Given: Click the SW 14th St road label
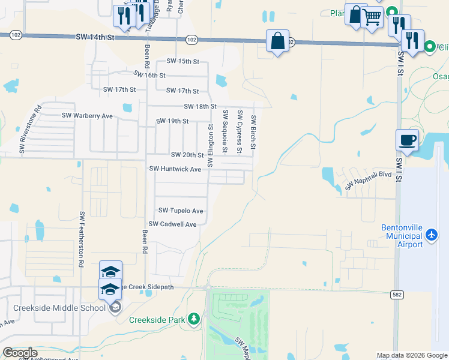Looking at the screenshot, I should pos(95,37).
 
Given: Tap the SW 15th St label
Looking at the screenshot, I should pos(182,61).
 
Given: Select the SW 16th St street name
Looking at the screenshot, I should pos(149,75).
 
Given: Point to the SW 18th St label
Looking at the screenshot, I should pos(200,106).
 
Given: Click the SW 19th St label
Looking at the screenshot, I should pos(172,121).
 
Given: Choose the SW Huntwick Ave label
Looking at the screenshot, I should pos(175,169).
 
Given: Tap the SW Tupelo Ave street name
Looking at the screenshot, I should pos(181,211).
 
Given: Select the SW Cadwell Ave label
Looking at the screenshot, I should pos(173,224).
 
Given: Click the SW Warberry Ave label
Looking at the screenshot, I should pos(87,115).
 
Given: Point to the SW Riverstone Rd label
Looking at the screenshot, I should pos(30,130).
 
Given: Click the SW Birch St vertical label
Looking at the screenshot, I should pos(254,132).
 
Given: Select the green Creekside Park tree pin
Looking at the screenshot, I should pos(194,318).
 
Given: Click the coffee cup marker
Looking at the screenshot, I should pos(408,140).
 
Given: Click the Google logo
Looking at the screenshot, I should pos(20,353).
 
